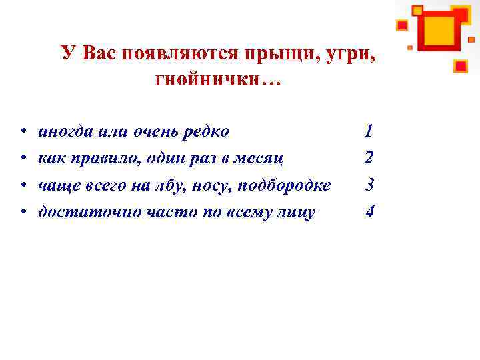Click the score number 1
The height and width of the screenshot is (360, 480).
369,131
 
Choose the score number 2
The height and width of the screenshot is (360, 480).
369,158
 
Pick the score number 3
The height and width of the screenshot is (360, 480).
370,185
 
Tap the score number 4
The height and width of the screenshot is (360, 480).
370,212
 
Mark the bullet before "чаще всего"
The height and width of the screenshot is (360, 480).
23,185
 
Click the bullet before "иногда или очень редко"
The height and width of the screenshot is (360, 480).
23,131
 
